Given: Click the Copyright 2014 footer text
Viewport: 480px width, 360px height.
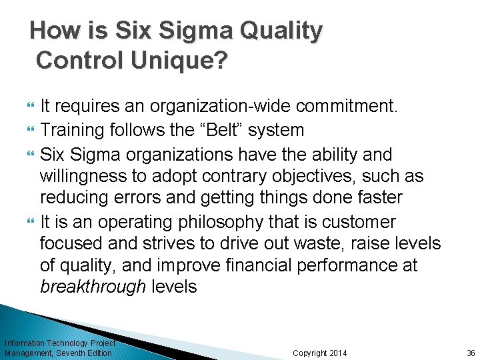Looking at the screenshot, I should click(320, 353).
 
